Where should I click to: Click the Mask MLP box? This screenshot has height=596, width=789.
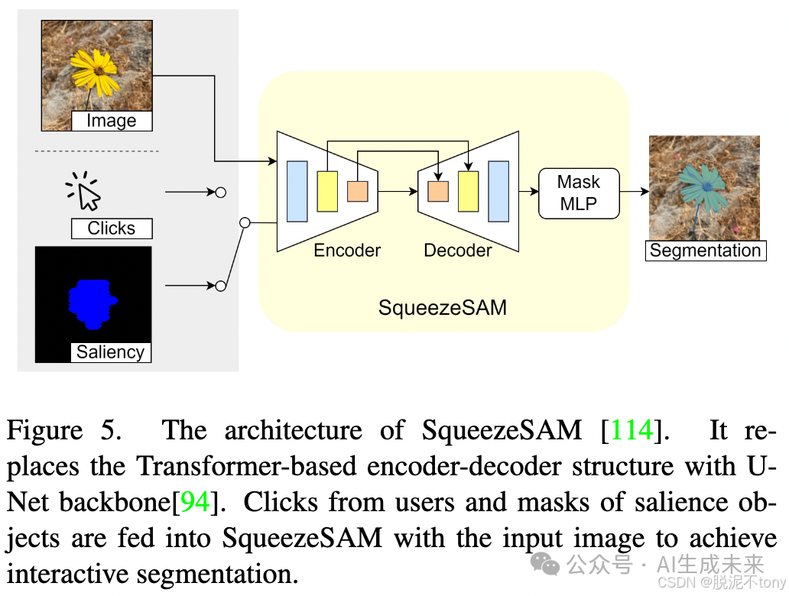pos(579,193)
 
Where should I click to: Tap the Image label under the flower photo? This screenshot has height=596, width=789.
pos(112,121)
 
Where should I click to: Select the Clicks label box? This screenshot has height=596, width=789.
pos(112,228)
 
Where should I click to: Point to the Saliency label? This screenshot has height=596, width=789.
pos(111,351)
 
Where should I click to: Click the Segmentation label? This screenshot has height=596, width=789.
pos(705,251)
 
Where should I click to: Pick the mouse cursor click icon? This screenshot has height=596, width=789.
pos(85,191)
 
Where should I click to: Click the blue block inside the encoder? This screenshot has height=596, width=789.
pos(297,191)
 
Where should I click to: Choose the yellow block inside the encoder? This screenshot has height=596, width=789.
pos(327,191)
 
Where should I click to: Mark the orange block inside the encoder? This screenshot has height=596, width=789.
pos(357,191)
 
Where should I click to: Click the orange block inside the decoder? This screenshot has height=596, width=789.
pos(438,191)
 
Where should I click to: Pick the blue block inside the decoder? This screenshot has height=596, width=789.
pos(498,191)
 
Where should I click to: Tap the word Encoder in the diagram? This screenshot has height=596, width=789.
pos(347,251)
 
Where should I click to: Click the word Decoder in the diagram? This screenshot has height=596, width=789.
pos(458,251)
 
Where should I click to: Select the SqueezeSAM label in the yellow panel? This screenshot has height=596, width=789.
pos(442,308)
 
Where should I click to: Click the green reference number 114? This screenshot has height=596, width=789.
pos(632,430)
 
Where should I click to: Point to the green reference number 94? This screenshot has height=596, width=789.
pos(195,502)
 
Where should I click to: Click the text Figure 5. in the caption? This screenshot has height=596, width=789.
pos(64,430)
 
